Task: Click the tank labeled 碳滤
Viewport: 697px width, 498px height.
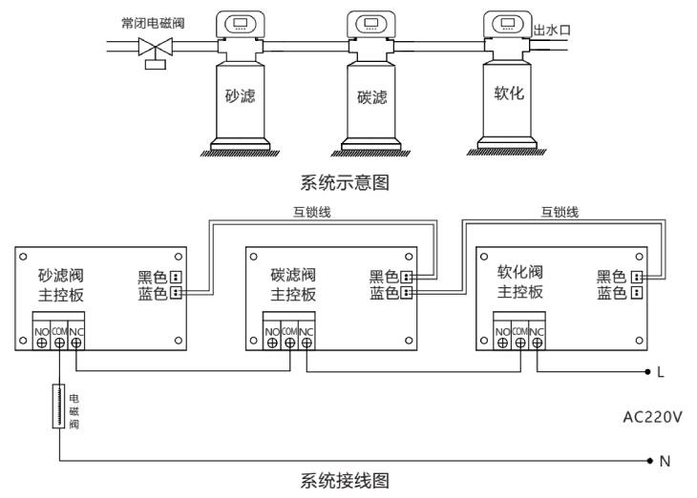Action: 371,100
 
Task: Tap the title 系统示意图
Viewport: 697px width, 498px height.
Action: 345,180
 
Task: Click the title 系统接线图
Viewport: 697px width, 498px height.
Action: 345,480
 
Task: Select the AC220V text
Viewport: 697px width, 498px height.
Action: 652,417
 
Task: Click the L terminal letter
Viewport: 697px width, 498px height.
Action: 660,371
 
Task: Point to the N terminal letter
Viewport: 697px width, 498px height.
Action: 665,461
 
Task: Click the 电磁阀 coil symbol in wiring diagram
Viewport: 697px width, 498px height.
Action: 59,406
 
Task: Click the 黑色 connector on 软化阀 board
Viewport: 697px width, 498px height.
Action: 636,278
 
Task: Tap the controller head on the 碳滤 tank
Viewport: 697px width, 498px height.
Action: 371,27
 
